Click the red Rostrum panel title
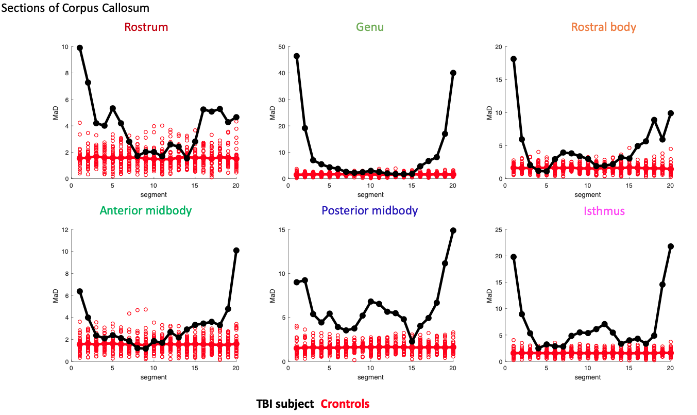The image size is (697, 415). [146, 27]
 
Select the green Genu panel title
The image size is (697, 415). [370, 27]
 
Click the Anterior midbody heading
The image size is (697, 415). [146, 211]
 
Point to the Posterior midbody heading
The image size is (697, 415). [369, 211]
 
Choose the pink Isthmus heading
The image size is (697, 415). [604, 211]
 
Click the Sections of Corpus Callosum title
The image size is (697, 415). [76, 8]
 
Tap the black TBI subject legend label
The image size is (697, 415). [285, 404]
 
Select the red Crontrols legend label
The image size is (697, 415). [345, 404]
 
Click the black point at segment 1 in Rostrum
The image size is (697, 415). [80, 48]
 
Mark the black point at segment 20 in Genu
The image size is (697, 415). [453, 73]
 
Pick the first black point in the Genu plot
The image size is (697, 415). [297, 56]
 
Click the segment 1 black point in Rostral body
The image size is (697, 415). [514, 59]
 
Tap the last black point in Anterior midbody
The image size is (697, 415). [236, 251]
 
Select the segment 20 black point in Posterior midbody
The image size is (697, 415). [453, 230]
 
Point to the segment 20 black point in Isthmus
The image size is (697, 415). [670, 246]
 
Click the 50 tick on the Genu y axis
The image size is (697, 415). [283, 47]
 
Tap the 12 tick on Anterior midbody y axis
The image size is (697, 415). [65, 229]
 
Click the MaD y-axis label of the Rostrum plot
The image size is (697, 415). [56, 113]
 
